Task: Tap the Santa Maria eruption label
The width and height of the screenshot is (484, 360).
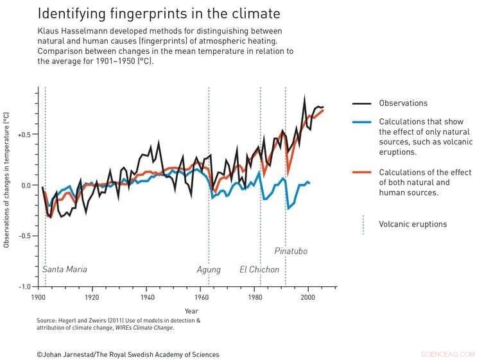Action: tap(65, 270)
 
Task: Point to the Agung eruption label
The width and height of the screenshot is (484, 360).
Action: tap(209, 270)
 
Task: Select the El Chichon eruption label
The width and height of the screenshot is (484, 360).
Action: tap(260, 270)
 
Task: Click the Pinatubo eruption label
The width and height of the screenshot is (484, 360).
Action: tap(291, 251)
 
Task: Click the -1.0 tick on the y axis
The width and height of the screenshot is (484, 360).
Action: tap(25, 286)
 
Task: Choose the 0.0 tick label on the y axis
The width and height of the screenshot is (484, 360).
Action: tap(26, 185)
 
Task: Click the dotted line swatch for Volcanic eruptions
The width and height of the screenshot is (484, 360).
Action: tap(363, 224)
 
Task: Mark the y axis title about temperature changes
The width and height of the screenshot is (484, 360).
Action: tap(6, 180)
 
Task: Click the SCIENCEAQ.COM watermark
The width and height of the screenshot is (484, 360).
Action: tap(447, 354)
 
